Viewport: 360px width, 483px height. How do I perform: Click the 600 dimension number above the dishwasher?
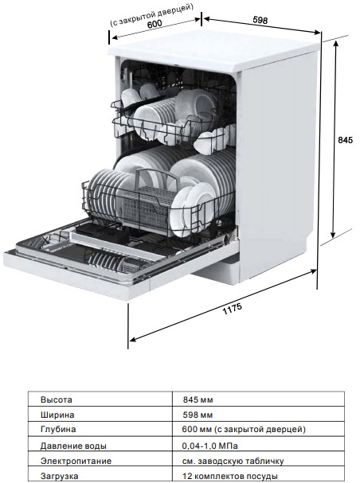click(155, 24)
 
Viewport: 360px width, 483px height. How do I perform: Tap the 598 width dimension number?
click(260, 20)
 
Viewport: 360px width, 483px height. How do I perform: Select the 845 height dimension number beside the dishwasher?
click(345, 140)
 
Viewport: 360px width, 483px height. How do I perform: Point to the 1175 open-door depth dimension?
click(233, 309)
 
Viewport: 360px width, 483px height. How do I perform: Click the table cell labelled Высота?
click(57, 399)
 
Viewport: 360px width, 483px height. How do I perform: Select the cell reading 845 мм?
click(198, 399)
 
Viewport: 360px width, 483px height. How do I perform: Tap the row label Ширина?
click(57, 415)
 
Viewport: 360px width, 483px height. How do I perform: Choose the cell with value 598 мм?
click(198, 415)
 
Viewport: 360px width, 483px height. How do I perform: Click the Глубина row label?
click(58, 429)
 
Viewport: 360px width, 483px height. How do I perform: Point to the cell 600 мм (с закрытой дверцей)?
click(244, 429)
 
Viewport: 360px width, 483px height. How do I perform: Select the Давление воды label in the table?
click(73, 446)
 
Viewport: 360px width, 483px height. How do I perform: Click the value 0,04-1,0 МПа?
click(210, 446)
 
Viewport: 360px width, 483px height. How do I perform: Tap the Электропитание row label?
click(76, 461)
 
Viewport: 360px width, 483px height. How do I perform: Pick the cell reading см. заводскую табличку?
click(233, 462)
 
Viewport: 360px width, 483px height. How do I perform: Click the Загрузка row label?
click(59, 476)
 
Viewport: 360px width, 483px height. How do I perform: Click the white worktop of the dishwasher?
click(214, 49)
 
